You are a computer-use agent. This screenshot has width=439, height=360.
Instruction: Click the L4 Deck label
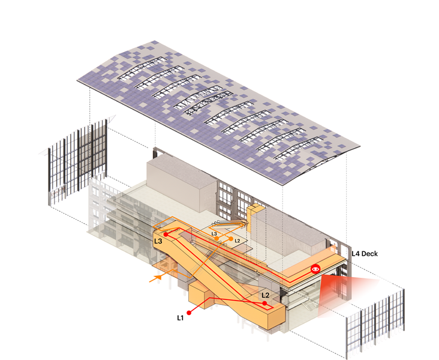click(x=365, y=254)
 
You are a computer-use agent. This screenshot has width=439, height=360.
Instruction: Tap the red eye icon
click(x=316, y=269)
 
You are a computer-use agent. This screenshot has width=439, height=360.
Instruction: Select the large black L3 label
click(x=158, y=241)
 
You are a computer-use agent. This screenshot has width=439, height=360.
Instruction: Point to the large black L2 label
click(x=266, y=295)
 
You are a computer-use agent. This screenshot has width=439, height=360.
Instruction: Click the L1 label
click(x=181, y=317)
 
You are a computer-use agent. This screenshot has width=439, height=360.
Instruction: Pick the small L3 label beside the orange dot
click(x=214, y=233)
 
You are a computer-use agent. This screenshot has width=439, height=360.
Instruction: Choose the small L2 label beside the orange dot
click(x=237, y=241)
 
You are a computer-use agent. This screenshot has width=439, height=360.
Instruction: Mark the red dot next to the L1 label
click(x=189, y=313)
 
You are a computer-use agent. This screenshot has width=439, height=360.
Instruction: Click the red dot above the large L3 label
click(x=166, y=234)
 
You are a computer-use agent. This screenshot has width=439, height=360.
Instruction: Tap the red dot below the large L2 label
click(x=264, y=303)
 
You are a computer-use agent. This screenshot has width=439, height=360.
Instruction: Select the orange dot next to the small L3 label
click(x=217, y=238)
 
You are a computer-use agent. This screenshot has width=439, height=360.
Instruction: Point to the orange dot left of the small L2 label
click(x=231, y=239)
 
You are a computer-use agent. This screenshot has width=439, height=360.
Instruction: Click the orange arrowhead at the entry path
click(x=158, y=277)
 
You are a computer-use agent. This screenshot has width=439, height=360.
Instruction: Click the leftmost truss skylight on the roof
click(x=142, y=68)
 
